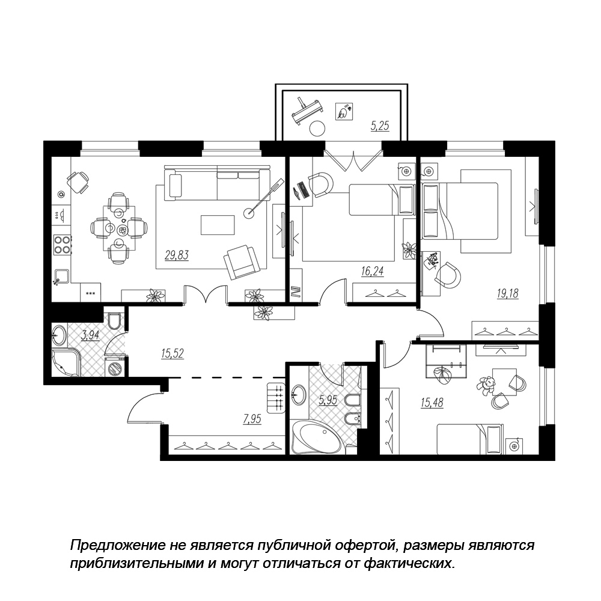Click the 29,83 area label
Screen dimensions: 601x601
click(x=177, y=255)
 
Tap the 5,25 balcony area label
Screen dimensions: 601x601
click(x=380, y=126)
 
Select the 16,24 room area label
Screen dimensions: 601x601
click(x=372, y=272)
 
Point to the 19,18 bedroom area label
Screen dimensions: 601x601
click(x=507, y=294)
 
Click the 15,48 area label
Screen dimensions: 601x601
click(x=432, y=403)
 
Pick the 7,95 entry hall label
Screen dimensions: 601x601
click(x=252, y=419)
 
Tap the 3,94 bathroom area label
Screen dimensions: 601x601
click(x=90, y=336)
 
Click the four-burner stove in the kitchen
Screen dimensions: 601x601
click(x=62, y=245)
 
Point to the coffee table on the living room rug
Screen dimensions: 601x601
click(x=218, y=225)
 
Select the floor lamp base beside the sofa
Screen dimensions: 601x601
click(x=250, y=212)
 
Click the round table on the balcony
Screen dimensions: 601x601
click(x=317, y=129)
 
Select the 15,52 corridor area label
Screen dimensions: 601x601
click(x=172, y=353)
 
